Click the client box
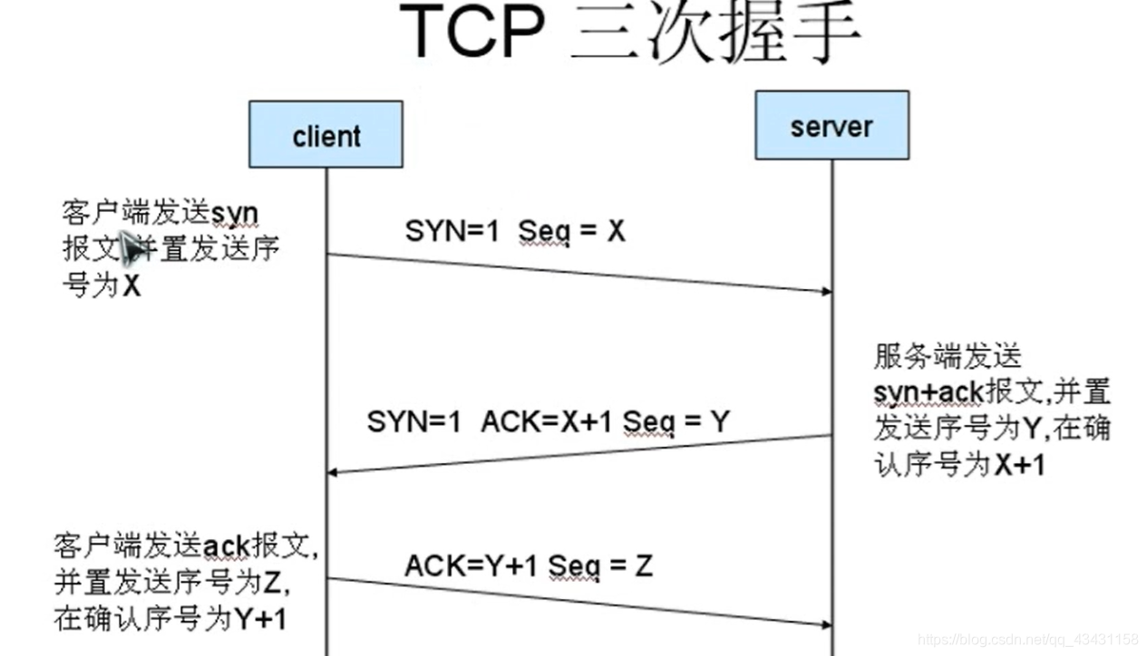326,135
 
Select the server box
831,126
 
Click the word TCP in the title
471,34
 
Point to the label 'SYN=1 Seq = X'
515,232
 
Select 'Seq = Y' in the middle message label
676,421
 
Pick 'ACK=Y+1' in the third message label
471,566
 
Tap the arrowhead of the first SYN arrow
826,292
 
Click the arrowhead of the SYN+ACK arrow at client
333,472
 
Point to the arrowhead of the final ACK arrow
826,624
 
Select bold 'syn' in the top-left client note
235,214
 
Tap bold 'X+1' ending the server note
1019,465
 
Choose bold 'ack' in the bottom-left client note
226,546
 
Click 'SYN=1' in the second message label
413,421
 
